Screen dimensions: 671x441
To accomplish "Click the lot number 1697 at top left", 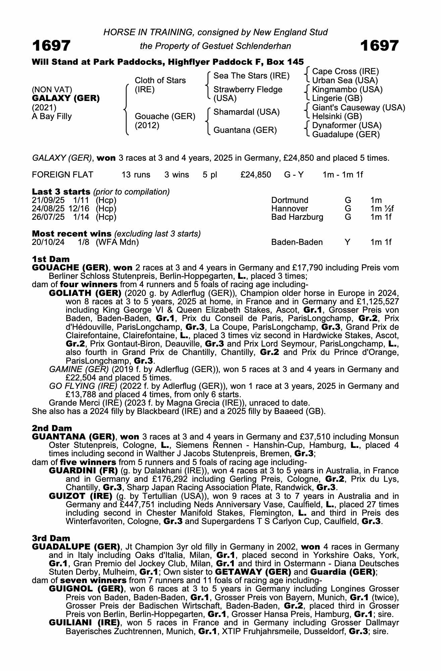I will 51,46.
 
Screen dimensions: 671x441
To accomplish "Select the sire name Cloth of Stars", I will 160,81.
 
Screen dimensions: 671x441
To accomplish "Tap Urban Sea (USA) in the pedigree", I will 345,81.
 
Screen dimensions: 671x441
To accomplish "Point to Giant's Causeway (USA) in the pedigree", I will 359,108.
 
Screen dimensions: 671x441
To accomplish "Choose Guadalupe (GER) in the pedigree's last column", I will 346,135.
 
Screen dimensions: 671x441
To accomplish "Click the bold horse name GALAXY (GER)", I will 66,99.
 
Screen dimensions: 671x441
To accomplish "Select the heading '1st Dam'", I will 51,259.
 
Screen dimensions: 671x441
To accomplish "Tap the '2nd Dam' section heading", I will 52,428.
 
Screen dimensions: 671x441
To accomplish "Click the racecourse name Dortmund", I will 289,200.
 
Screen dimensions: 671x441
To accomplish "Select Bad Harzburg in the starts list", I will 297,217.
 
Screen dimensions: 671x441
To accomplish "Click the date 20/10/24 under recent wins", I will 48,242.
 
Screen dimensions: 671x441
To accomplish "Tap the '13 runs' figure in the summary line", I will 136,175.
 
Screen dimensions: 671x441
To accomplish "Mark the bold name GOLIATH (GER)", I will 86,293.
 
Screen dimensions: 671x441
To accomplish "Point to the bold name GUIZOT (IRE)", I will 80,496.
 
